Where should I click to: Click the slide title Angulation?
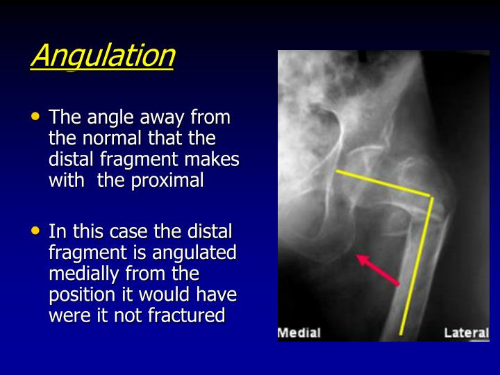pyautogui.click(x=102, y=55)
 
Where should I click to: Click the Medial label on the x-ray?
pyautogui.click(x=299, y=333)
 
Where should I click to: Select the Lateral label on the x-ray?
pyautogui.click(x=466, y=333)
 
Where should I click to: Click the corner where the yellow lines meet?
pyautogui.click(x=431, y=197)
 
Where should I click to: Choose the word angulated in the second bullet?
pyautogui.click(x=187, y=253)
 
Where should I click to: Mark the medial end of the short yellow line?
pyautogui.click(x=336, y=170)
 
